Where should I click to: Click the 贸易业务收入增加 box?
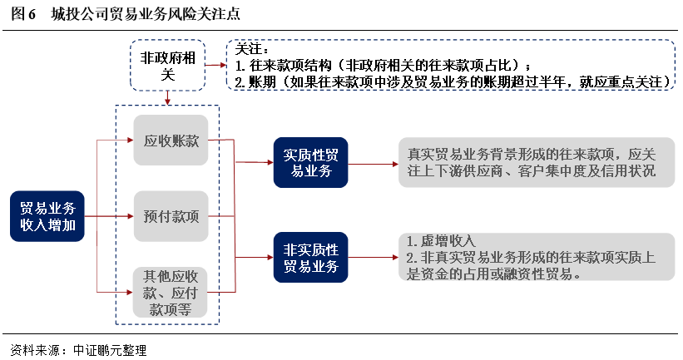(x=48, y=216)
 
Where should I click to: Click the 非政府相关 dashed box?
(x=168, y=66)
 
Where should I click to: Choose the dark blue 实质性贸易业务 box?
(x=310, y=163)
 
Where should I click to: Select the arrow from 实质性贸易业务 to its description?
(x=372, y=163)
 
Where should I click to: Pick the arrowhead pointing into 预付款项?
(x=129, y=216)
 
